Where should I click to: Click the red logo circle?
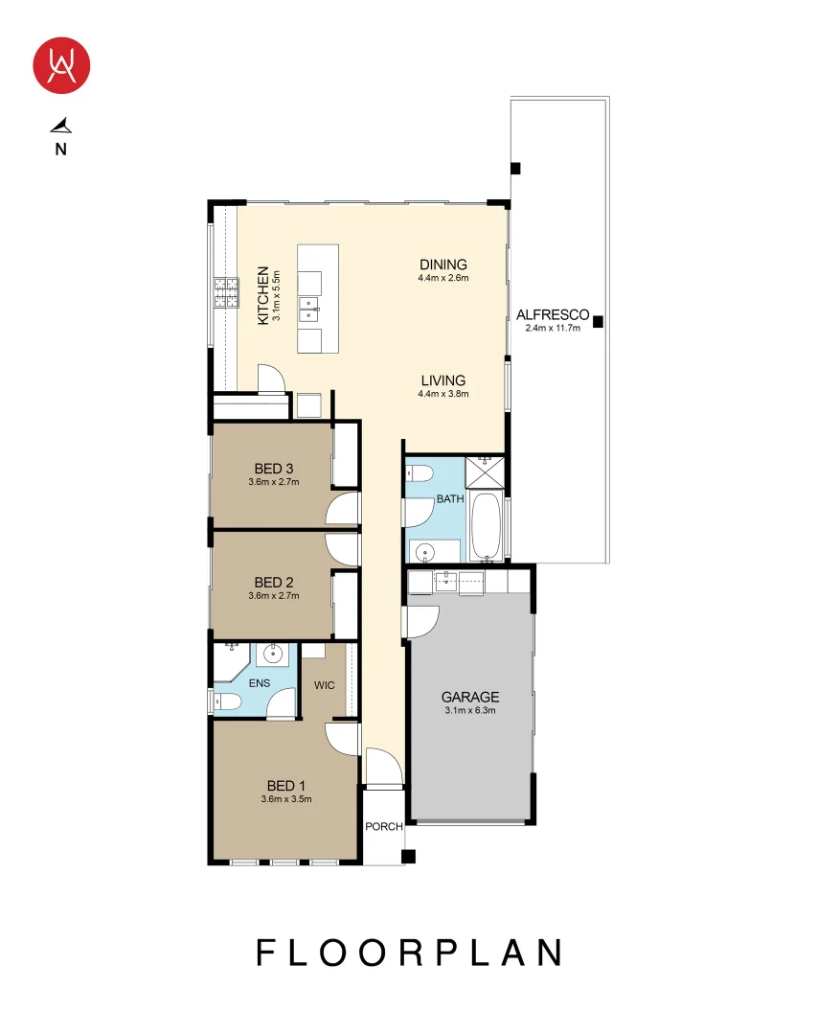pyautogui.click(x=61, y=65)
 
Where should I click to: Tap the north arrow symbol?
pyautogui.click(x=61, y=125)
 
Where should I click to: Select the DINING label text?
pyautogui.click(x=443, y=264)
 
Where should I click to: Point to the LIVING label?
pyautogui.click(x=442, y=380)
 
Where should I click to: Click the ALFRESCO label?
pyautogui.click(x=553, y=314)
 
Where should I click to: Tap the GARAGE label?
pyautogui.click(x=469, y=698)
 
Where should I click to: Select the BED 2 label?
pyautogui.click(x=274, y=582)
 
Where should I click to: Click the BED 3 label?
pyautogui.click(x=274, y=469)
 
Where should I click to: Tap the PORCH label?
pyautogui.click(x=383, y=827)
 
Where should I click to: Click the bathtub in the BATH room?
pyautogui.click(x=486, y=528)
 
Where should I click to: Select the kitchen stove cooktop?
pyautogui.click(x=225, y=292)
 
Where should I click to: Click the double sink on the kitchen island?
pyautogui.click(x=309, y=308)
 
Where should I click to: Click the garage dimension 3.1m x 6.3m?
pyautogui.click(x=469, y=711)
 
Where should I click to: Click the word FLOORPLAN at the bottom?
pyautogui.click(x=408, y=953)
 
